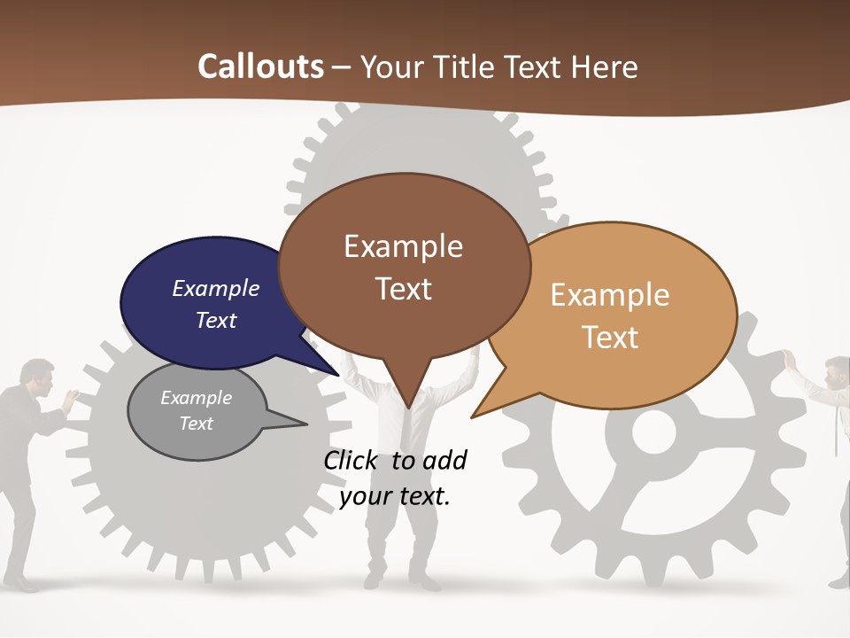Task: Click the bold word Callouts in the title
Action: [260, 66]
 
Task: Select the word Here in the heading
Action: [601, 66]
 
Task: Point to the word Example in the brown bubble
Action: [403, 246]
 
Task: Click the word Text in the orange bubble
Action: [610, 337]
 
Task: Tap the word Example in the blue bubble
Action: [216, 288]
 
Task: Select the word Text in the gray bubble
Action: [197, 424]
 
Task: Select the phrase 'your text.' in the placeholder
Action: [395, 496]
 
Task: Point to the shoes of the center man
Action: [404, 583]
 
